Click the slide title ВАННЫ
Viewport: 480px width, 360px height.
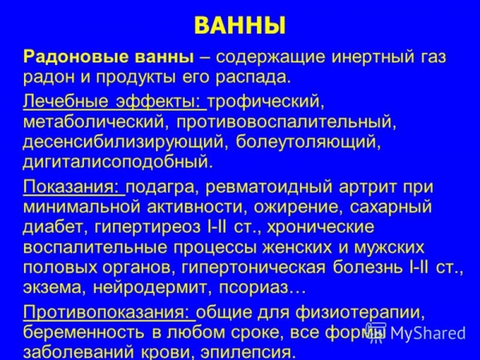(x=240, y=26)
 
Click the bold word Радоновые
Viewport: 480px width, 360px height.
(x=76, y=58)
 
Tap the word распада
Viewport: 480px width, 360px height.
(x=253, y=78)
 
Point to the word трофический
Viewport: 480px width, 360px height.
(x=266, y=102)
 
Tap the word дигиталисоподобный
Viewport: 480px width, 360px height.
(x=118, y=162)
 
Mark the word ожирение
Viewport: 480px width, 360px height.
(x=298, y=207)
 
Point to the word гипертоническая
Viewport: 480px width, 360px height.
(x=254, y=267)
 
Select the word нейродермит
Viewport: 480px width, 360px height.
(x=153, y=288)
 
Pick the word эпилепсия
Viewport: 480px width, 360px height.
(x=248, y=352)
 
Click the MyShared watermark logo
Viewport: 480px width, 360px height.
(x=416, y=333)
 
